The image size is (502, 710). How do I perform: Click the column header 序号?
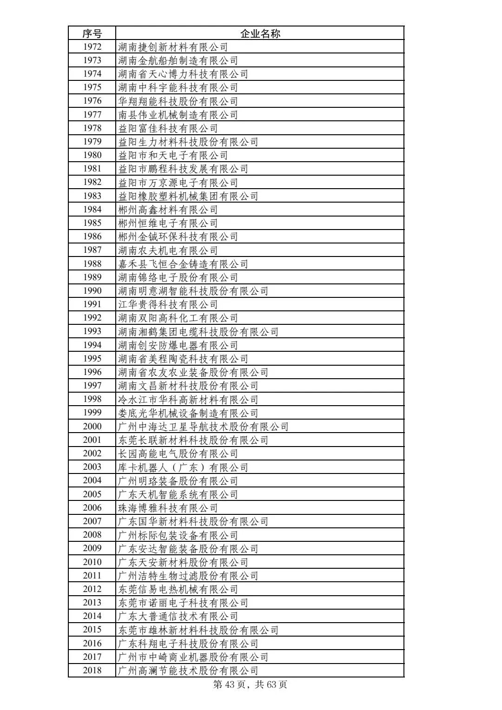coord(92,33)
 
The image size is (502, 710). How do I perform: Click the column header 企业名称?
coord(260,33)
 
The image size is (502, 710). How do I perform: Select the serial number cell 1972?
coord(92,46)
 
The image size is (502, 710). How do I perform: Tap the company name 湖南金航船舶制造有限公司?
coord(178,60)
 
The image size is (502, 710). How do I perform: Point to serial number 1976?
coord(92,101)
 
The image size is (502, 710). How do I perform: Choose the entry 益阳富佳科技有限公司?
coord(168,128)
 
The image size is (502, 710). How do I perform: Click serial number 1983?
coord(92,196)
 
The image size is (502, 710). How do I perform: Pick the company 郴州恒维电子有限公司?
coord(168,223)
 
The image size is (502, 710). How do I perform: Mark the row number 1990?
coord(92,290)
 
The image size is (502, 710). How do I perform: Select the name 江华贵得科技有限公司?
coord(168,304)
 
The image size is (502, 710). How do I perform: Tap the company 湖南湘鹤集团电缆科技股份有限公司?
coord(198,331)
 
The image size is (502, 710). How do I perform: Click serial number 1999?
coord(92,413)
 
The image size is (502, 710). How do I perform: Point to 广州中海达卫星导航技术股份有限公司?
coord(204,427)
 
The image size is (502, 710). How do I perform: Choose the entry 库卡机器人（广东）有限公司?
coord(183,467)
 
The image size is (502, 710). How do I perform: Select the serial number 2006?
coord(92,507)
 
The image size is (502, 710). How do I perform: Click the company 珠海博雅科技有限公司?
coord(168,508)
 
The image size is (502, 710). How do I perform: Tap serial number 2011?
coord(92,575)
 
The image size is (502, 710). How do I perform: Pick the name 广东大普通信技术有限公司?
coord(178,616)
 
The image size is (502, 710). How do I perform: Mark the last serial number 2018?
coord(92,670)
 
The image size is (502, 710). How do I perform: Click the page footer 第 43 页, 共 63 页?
coord(250,684)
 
